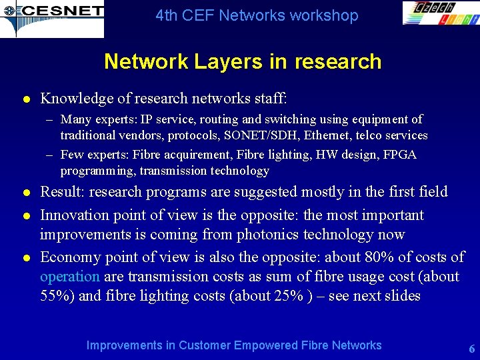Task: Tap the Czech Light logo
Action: (440, 13)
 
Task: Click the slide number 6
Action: (471, 349)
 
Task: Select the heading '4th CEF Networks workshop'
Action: (257, 15)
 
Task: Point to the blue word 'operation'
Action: (69, 277)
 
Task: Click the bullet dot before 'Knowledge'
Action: (26, 100)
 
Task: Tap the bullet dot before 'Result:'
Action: (26, 193)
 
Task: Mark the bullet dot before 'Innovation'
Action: (26, 216)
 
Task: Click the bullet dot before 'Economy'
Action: (26, 258)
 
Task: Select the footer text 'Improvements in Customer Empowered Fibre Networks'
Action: (234, 345)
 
